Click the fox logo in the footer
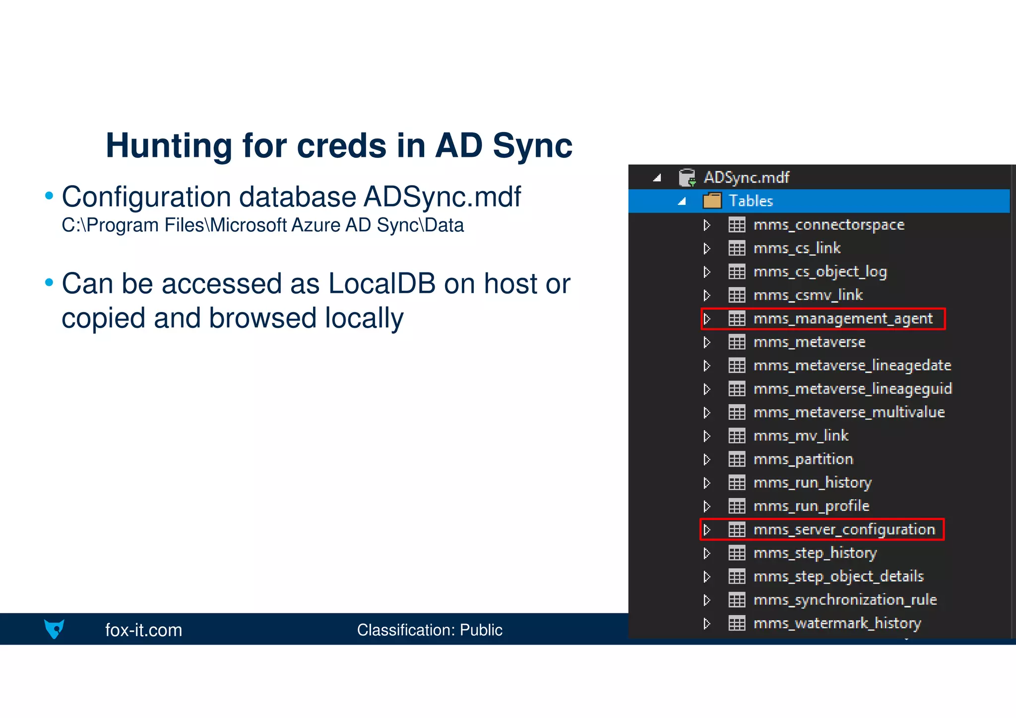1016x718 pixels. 54,629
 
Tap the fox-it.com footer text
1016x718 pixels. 143,630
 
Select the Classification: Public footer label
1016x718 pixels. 429,630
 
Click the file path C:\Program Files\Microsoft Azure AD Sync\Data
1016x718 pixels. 262,225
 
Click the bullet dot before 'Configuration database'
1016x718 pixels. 49,196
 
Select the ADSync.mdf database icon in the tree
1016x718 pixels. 687,178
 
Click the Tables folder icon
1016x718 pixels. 712,201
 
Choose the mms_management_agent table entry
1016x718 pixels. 842,319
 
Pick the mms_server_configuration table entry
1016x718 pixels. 843,529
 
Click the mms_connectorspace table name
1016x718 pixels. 828,225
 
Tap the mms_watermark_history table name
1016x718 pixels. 837,623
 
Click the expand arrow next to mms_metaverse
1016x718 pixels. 707,342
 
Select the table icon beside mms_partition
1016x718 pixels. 737,459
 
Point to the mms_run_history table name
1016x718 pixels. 812,483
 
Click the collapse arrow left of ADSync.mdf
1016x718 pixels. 657,178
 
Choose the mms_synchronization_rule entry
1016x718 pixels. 845,600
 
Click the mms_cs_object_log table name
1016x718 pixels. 820,272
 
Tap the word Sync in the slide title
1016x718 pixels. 532,146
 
